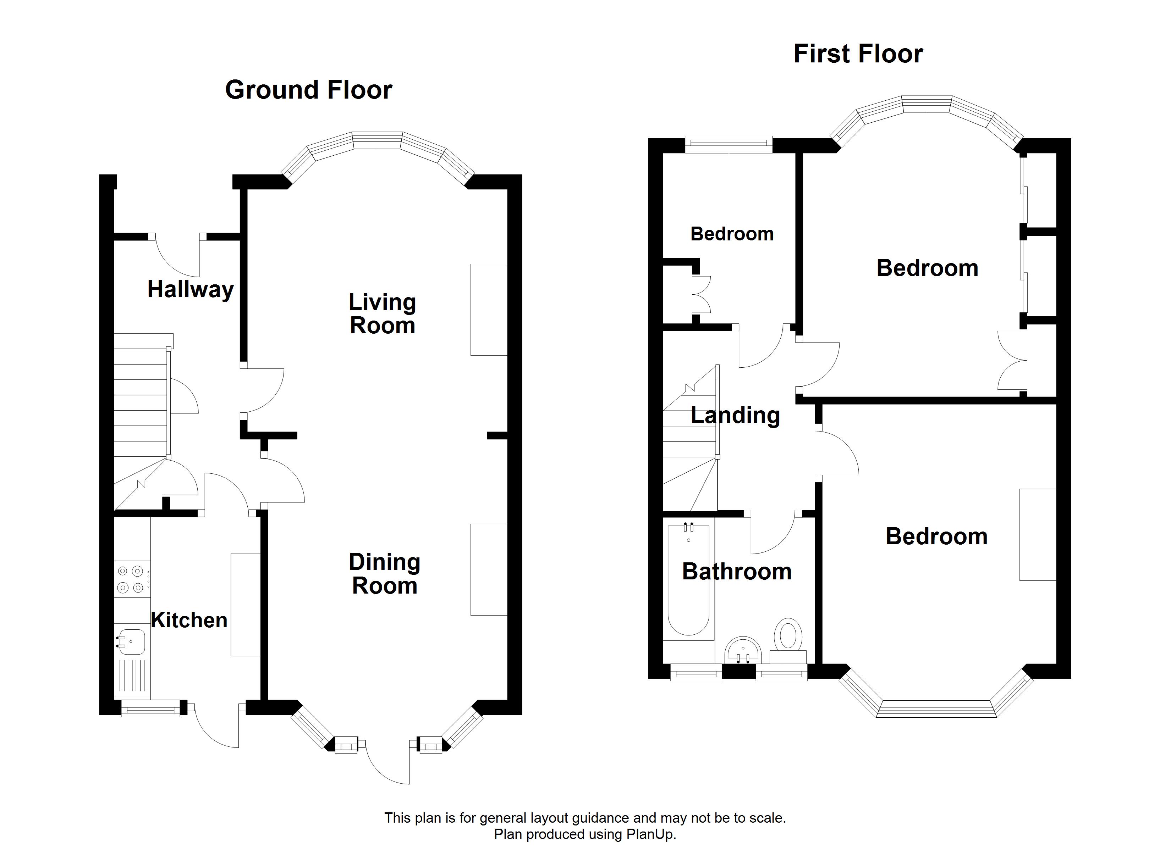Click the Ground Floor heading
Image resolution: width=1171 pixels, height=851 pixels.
[309, 90]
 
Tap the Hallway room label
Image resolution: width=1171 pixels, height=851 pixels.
[191, 289]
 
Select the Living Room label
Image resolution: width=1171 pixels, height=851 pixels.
[383, 314]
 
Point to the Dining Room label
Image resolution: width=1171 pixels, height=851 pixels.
[385, 574]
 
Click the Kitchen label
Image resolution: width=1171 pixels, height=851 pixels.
[189, 620]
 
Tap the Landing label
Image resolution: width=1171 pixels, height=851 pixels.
[735, 416]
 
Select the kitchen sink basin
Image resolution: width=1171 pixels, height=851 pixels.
[130, 641]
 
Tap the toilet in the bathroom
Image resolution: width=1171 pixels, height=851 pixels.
[788, 640]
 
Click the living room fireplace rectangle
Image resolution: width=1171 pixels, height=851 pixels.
[489, 310]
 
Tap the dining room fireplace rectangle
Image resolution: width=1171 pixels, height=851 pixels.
[489, 570]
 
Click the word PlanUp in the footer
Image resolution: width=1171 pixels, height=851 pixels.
[650, 834]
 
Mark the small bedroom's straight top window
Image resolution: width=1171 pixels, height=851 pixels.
[729, 145]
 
